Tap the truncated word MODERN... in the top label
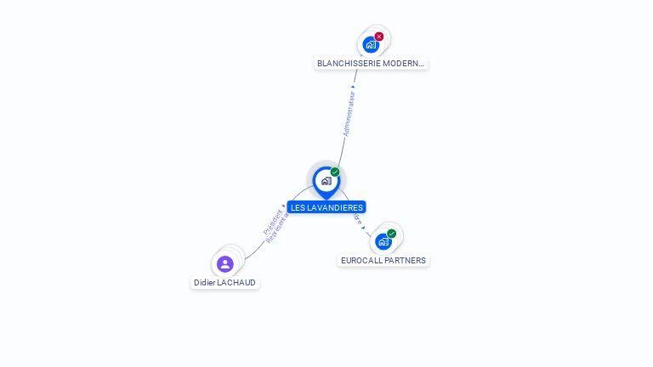[x=399, y=64]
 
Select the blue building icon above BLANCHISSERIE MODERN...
[x=370, y=45]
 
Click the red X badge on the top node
[x=379, y=37]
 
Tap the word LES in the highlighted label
[x=297, y=208]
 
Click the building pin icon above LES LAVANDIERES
[x=326, y=181]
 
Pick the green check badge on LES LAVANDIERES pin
[x=335, y=172]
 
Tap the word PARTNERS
[x=406, y=261]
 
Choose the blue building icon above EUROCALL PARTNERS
[x=383, y=242]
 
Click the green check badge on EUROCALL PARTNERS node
[x=392, y=234]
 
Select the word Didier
[x=204, y=283]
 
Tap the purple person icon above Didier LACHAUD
[x=224, y=264]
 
